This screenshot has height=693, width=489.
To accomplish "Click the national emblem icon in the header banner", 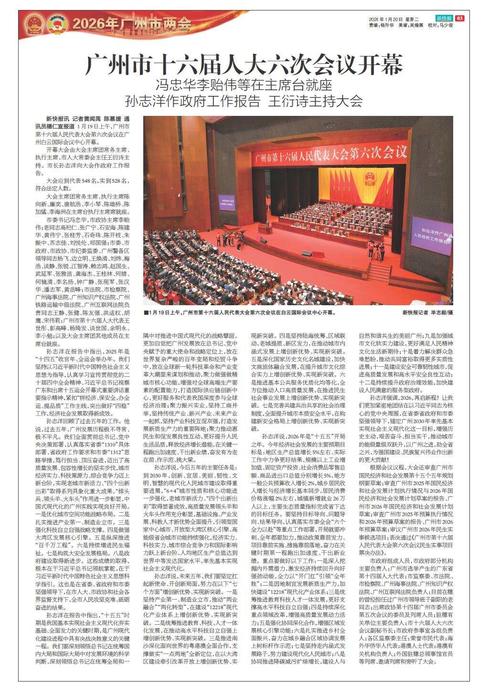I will pyautogui.click(x=33, y=22).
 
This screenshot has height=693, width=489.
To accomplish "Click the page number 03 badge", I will pyautogui.click(x=459, y=18).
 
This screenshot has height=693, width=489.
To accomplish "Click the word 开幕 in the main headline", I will pyautogui.click(x=380, y=64).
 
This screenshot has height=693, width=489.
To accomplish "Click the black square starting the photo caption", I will pyautogui.click(x=146, y=313).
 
